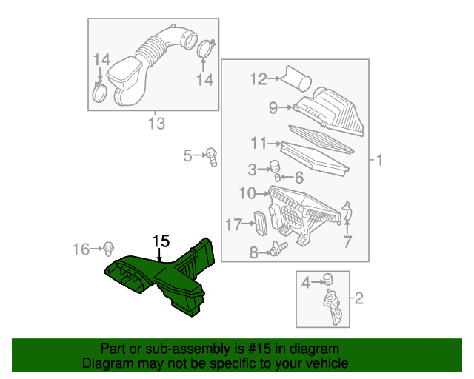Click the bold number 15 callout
(x=161, y=241)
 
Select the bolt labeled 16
(x=109, y=249)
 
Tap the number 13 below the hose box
(x=156, y=124)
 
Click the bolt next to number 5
(x=212, y=156)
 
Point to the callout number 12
(x=258, y=79)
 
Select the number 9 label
(x=273, y=107)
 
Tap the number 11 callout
(x=258, y=143)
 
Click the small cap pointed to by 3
(x=275, y=167)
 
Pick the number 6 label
(x=299, y=178)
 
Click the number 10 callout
(x=247, y=192)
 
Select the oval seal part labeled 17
(x=260, y=223)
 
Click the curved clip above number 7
(x=347, y=212)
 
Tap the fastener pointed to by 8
(x=279, y=249)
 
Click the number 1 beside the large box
(x=379, y=160)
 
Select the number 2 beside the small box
(x=358, y=298)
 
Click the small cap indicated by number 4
(x=328, y=279)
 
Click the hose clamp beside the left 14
(x=99, y=92)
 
